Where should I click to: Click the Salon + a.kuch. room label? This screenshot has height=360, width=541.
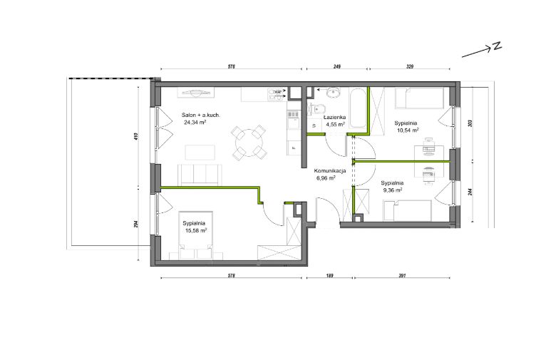click(201, 115)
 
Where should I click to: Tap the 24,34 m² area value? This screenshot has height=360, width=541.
click(195, 122)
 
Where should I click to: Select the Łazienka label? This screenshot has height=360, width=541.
click(334, 118)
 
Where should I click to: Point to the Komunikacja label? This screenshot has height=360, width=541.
click(330, 171)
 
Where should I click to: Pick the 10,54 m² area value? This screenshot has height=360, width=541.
click(408, 130)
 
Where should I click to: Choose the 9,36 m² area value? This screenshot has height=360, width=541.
click(393, 190)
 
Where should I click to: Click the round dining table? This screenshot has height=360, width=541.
click(249, 143)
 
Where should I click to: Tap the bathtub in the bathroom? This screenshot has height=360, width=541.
click(357, 108)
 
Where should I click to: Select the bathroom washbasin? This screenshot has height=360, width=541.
click(334, 93)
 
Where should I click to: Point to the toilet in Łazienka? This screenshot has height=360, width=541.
click(316, 109)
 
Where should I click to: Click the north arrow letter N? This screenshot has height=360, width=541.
click(497, 46)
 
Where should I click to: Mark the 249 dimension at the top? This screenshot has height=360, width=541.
click(336, 66)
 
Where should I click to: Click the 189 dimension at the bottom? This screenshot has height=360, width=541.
click(329, 275)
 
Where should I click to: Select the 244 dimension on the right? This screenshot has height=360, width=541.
click(470, 192)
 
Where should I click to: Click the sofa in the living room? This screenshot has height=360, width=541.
click(199, 174)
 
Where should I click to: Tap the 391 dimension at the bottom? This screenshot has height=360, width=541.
click(402, 275)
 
